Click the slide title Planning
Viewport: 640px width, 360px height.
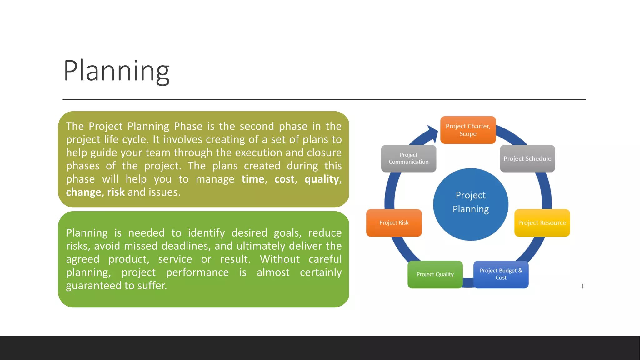click(116, 71)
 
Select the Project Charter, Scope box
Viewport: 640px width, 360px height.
click(468, 130)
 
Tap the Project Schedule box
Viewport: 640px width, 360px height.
click(527, 158)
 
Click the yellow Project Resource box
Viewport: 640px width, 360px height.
click(542, 223)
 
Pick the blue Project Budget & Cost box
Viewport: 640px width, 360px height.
click(501, 274)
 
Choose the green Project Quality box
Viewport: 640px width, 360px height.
click(435, 274)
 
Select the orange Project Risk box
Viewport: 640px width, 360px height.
click(394, 223)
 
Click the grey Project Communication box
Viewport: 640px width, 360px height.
click(408, 158)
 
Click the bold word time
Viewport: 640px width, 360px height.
click(253, 179)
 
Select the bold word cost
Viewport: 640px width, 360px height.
click(284, 179)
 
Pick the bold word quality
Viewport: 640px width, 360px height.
click(322, 179)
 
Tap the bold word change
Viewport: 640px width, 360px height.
click(83, 192)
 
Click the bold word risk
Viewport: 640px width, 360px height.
click(116, 192)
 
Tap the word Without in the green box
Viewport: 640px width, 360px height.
click(279, 259)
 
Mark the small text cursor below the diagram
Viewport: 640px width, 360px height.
click(582, 286)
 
